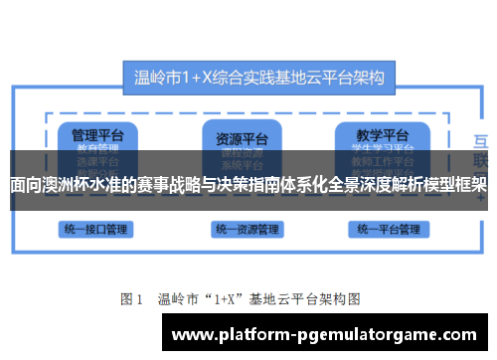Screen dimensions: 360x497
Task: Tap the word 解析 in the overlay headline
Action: (x=405, y=185)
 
